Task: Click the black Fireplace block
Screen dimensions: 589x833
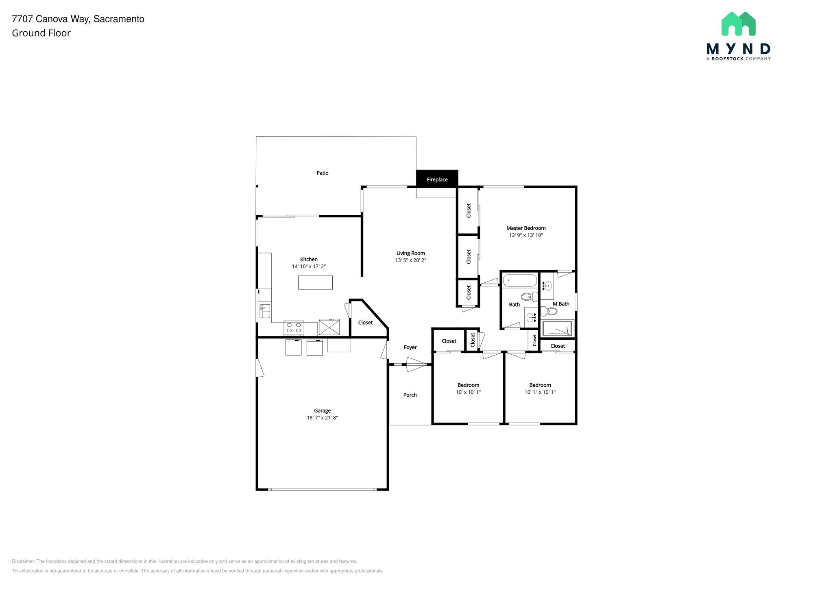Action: [x=437, y=179]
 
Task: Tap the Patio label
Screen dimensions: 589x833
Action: [x=322, y=173]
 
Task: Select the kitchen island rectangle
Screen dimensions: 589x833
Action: [x=315, y=282]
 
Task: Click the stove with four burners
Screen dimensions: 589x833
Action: [x=294, y=328]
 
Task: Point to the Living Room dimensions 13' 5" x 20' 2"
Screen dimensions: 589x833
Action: [x=410, y=260]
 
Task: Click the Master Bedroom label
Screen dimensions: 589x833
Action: [x=526, y=228]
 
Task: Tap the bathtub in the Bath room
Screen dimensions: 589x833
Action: [x=520, y=281]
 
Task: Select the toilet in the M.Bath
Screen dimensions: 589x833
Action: [x=550, y=312]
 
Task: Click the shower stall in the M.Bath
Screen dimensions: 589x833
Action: [x=557, y=328]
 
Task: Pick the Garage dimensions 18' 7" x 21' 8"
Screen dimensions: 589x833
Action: [x=322, y=418]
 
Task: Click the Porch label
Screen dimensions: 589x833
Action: [x=410, y=395]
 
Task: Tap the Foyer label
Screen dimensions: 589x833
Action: [x=410, y=347]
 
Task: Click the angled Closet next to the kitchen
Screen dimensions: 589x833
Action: [x=365, y=323]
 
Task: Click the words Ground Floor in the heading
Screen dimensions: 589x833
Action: [x=41, y=33]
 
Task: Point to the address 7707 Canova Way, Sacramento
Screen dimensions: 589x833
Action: [x=78, y=19]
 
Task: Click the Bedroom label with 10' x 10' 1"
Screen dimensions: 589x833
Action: [x=468, y=385]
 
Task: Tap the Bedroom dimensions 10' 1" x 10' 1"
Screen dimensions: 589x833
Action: [x=540, y=393]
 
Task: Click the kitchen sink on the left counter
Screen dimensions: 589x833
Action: [x=264, y=311]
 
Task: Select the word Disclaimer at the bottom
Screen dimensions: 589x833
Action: [x=23, y=561]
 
